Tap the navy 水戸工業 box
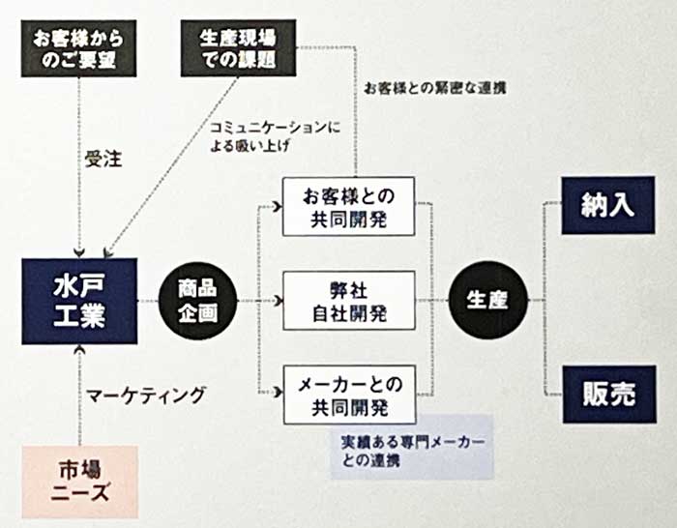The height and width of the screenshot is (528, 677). (79, 301)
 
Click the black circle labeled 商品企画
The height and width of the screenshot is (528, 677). (196, 301)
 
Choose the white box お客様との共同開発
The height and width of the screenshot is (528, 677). (349, 206)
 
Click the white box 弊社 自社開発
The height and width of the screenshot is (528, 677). (349, 301)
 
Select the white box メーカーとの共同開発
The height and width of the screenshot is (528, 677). (349, 396)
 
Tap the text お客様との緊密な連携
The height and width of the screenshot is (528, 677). (434, 87)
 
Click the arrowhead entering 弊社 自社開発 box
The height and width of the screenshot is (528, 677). (279, 301)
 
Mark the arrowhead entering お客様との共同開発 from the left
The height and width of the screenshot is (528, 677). (279, 206)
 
